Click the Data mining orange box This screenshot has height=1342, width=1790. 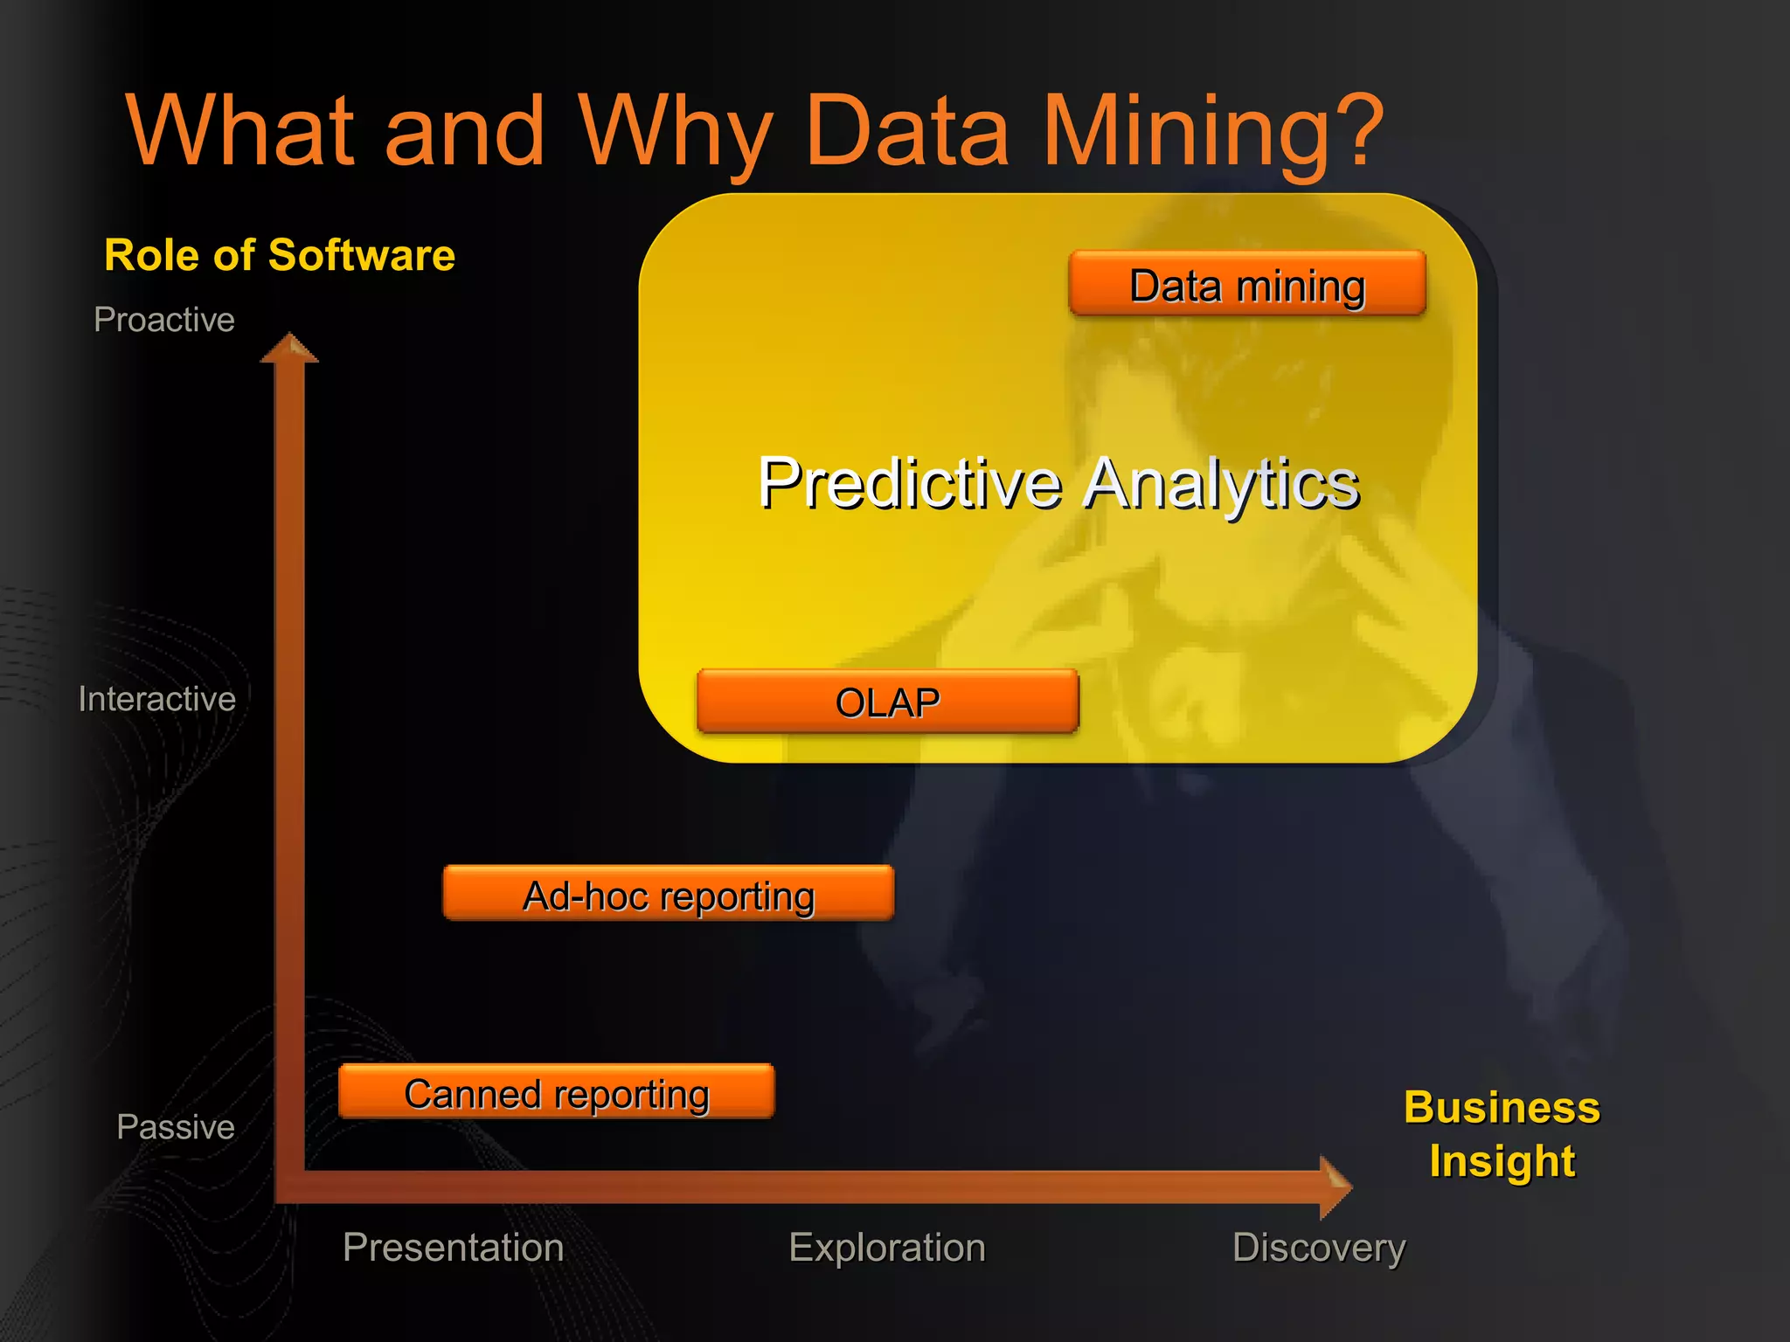click(x=1247, y=284)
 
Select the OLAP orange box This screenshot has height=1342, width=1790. click(x=887, y=702)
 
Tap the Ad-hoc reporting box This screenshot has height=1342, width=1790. click(x=669, y=894)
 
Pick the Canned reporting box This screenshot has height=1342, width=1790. click(x=557, y=1092)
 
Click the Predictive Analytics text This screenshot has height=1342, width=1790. click(x=1058, y=483)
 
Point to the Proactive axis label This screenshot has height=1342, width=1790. click(x=164, y=320)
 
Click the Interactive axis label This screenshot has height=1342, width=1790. click(x=157, y=699)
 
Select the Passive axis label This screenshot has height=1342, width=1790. click(x=176, y=1127)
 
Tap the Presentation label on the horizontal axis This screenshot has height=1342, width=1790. click(x=453, y=1247)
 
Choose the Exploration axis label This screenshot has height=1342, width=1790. click(x=887, y=1247)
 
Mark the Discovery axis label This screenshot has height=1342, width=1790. click(x=1319, y=1247)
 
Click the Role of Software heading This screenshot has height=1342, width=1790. click(x=280, y=255)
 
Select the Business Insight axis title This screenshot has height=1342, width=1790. click(x=1502, y=1134)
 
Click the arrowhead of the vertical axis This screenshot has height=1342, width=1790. click(x=289, y=348)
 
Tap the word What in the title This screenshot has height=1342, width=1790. click(x=240, y=131)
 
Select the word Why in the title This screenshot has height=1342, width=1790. click(x=673, y=131)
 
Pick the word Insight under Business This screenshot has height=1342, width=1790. click(x=1502, y=1162)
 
